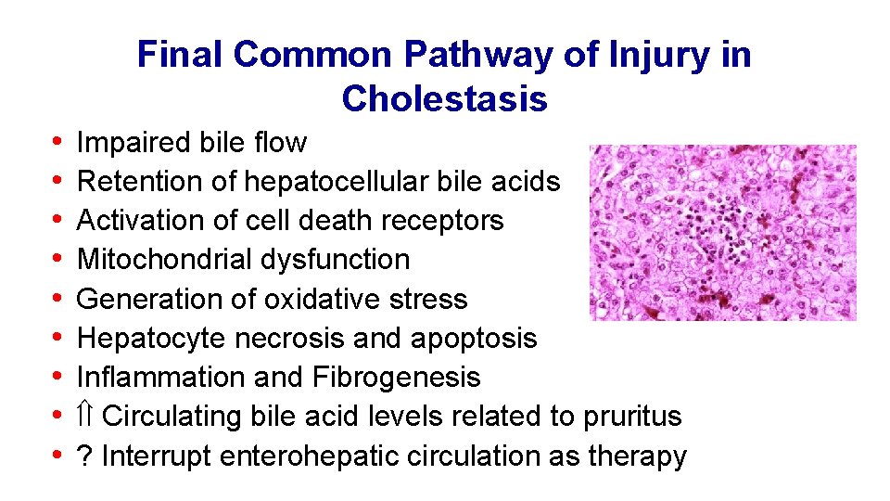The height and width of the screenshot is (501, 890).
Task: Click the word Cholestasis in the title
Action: (444, 97)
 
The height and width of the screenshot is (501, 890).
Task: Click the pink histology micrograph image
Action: (722, 232)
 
